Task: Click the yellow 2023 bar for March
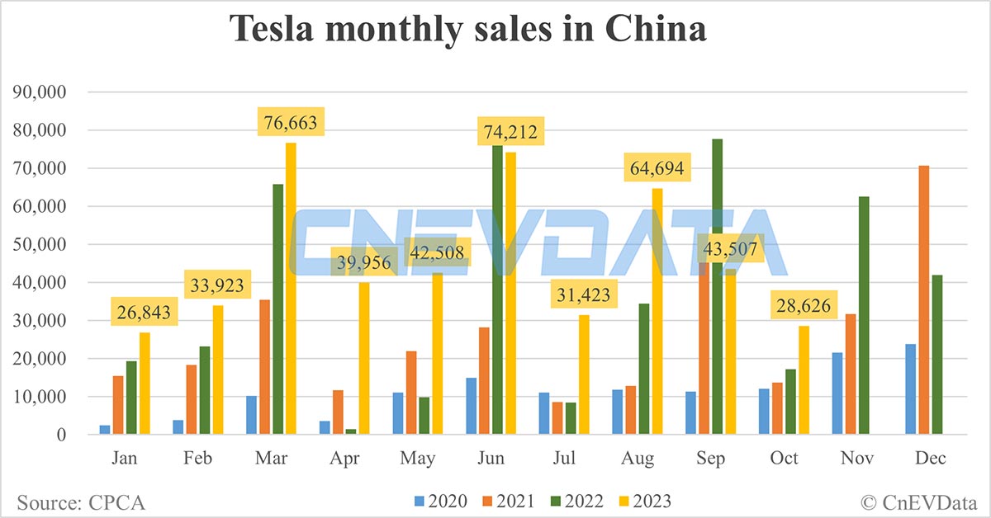coord(291,289)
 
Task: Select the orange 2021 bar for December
coord(924,300)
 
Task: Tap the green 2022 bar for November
coord(864,315)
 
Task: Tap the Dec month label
coord(930,459)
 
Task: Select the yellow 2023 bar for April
coord(363,358)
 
